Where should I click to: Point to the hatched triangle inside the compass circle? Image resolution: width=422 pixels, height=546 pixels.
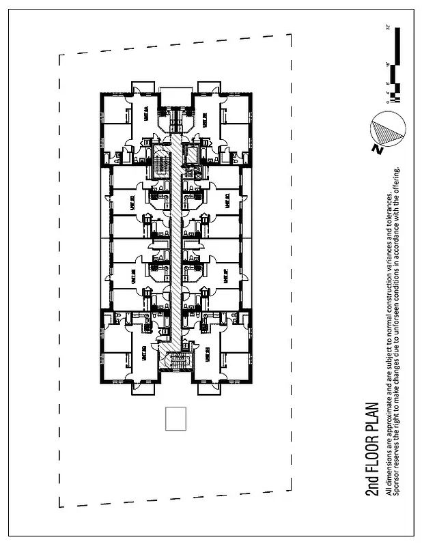pos(386,128)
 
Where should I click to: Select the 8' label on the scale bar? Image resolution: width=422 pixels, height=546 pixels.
pos(387,84)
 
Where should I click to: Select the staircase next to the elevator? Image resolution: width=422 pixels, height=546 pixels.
pos(161,162)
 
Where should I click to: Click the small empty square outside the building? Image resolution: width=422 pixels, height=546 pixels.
pos(176,418)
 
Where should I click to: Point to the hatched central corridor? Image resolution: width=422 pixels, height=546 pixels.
pos(177,246)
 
